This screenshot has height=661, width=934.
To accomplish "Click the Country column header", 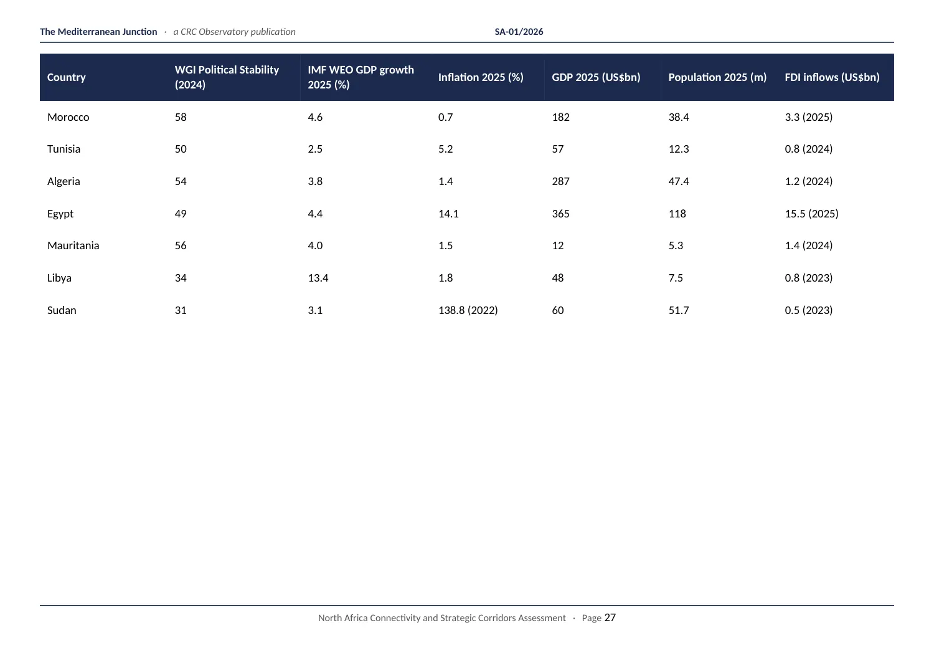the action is tap(66, 77).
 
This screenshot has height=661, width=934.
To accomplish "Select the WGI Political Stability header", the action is tap(227, 77).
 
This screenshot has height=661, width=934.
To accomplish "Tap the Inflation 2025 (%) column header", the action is tap(481, 77).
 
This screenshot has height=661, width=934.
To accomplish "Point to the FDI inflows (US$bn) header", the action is tap(833, 77).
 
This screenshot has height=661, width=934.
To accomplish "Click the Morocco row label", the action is tap(68, 117).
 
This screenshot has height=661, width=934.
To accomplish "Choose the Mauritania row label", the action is tap(73, 245).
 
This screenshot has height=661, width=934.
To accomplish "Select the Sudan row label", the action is tap(62, 310).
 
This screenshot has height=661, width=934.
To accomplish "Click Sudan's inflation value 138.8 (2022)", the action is tap(468, 310).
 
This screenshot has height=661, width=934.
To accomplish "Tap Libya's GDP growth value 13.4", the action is tap(318, 278).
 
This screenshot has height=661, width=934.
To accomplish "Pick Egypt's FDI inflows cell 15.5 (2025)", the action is tap(811, 214).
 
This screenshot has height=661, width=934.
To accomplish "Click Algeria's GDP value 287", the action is tap(560, 181).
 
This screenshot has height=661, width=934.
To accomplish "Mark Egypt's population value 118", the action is tap(677, 214).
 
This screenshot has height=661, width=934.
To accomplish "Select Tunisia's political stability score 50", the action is tap(181, 149).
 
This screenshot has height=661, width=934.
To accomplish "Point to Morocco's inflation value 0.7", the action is tap(445, 117).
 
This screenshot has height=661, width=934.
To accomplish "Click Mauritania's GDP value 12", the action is tap(558, 245).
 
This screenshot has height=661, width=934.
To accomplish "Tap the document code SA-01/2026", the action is tap(519, 32).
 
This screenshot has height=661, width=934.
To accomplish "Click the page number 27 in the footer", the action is tap(610, 617).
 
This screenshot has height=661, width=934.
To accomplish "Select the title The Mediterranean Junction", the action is tap(98, 32).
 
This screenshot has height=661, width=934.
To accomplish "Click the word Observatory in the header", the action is tap(223, 32).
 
